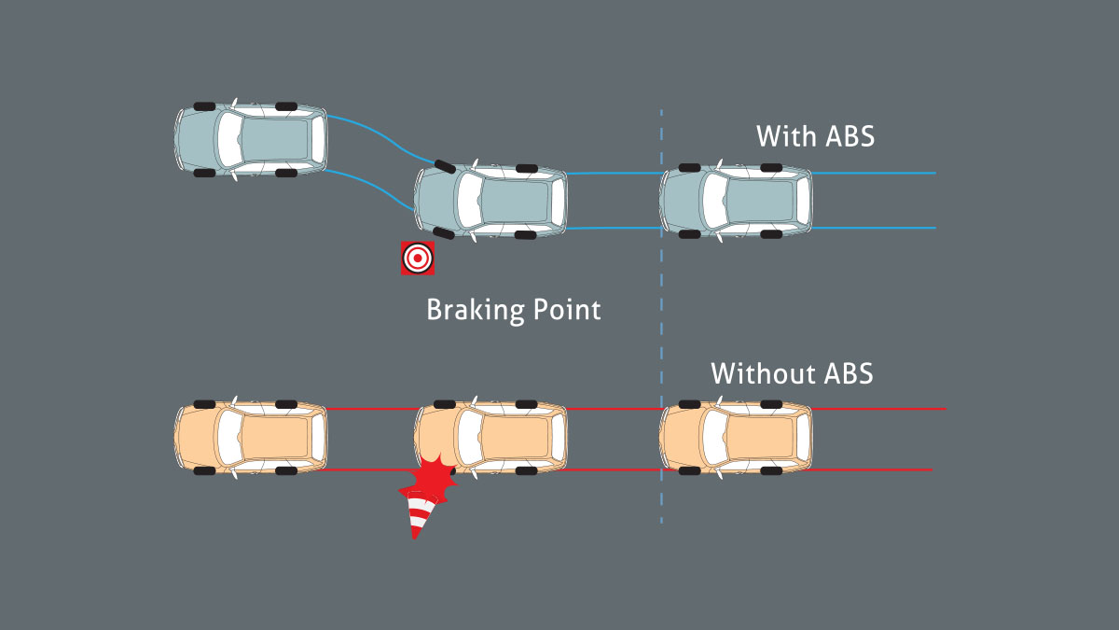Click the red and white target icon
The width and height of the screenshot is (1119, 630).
[418, 258]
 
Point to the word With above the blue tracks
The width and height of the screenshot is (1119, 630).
[784, 136]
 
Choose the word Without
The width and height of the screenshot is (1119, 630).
[762, 373]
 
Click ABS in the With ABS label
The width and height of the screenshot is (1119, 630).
[850, 136]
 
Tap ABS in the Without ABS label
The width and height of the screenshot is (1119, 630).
[848, 373]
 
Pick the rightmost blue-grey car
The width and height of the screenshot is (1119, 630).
[736, 200]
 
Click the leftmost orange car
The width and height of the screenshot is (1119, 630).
[251, 439]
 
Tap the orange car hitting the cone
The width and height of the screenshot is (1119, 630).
[491, 439]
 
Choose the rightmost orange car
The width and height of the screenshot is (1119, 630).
[736, 439]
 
